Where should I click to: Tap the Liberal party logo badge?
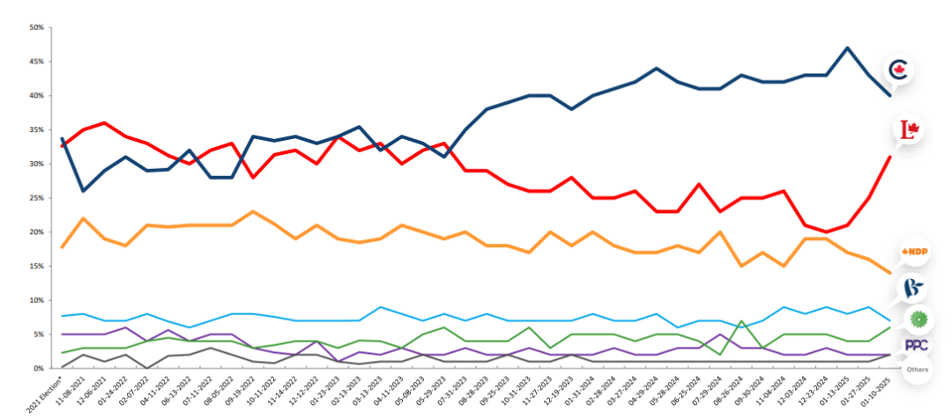(x=909, y=132)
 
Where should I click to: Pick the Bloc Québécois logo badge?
(x=911, y=287)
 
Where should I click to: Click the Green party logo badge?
(x=916, y=319)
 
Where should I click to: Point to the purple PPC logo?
(x=915, y=346)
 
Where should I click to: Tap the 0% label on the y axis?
(x=39, y=368)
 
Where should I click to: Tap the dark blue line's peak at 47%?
(x=847, y=48)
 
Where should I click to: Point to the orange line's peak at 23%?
(x=254, y=211)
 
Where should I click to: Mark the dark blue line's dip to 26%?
(x=83, y=190)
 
